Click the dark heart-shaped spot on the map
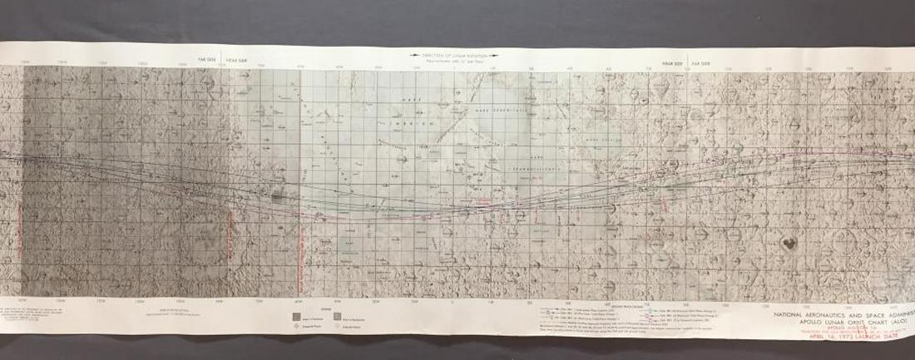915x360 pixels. (x=787, y=244)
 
